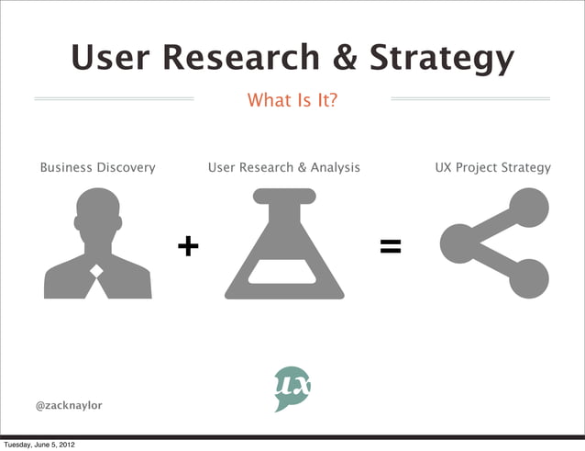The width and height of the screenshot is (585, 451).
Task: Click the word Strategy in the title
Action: pyautogui.click(x=442, y=61)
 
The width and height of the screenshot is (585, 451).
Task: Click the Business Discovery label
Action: pyautogui.click(x=97, y=168)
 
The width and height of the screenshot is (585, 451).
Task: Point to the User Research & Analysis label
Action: pyautogui.click(x=284, y=168)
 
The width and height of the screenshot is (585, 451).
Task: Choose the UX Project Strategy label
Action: pyautogui.click(x=493, y=168)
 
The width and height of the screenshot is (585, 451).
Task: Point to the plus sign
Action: pyautogui.click(x=187, y=245)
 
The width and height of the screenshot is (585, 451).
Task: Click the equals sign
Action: pyautogui.click(x=391, y=245)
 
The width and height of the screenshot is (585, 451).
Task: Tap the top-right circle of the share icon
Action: pyautogui.click(x=528, y=209)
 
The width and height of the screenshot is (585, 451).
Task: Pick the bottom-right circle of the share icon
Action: pyautogui.click(x=528, y=278)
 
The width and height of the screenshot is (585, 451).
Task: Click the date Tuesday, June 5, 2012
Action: pyautogui.click(x=39, y=445)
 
